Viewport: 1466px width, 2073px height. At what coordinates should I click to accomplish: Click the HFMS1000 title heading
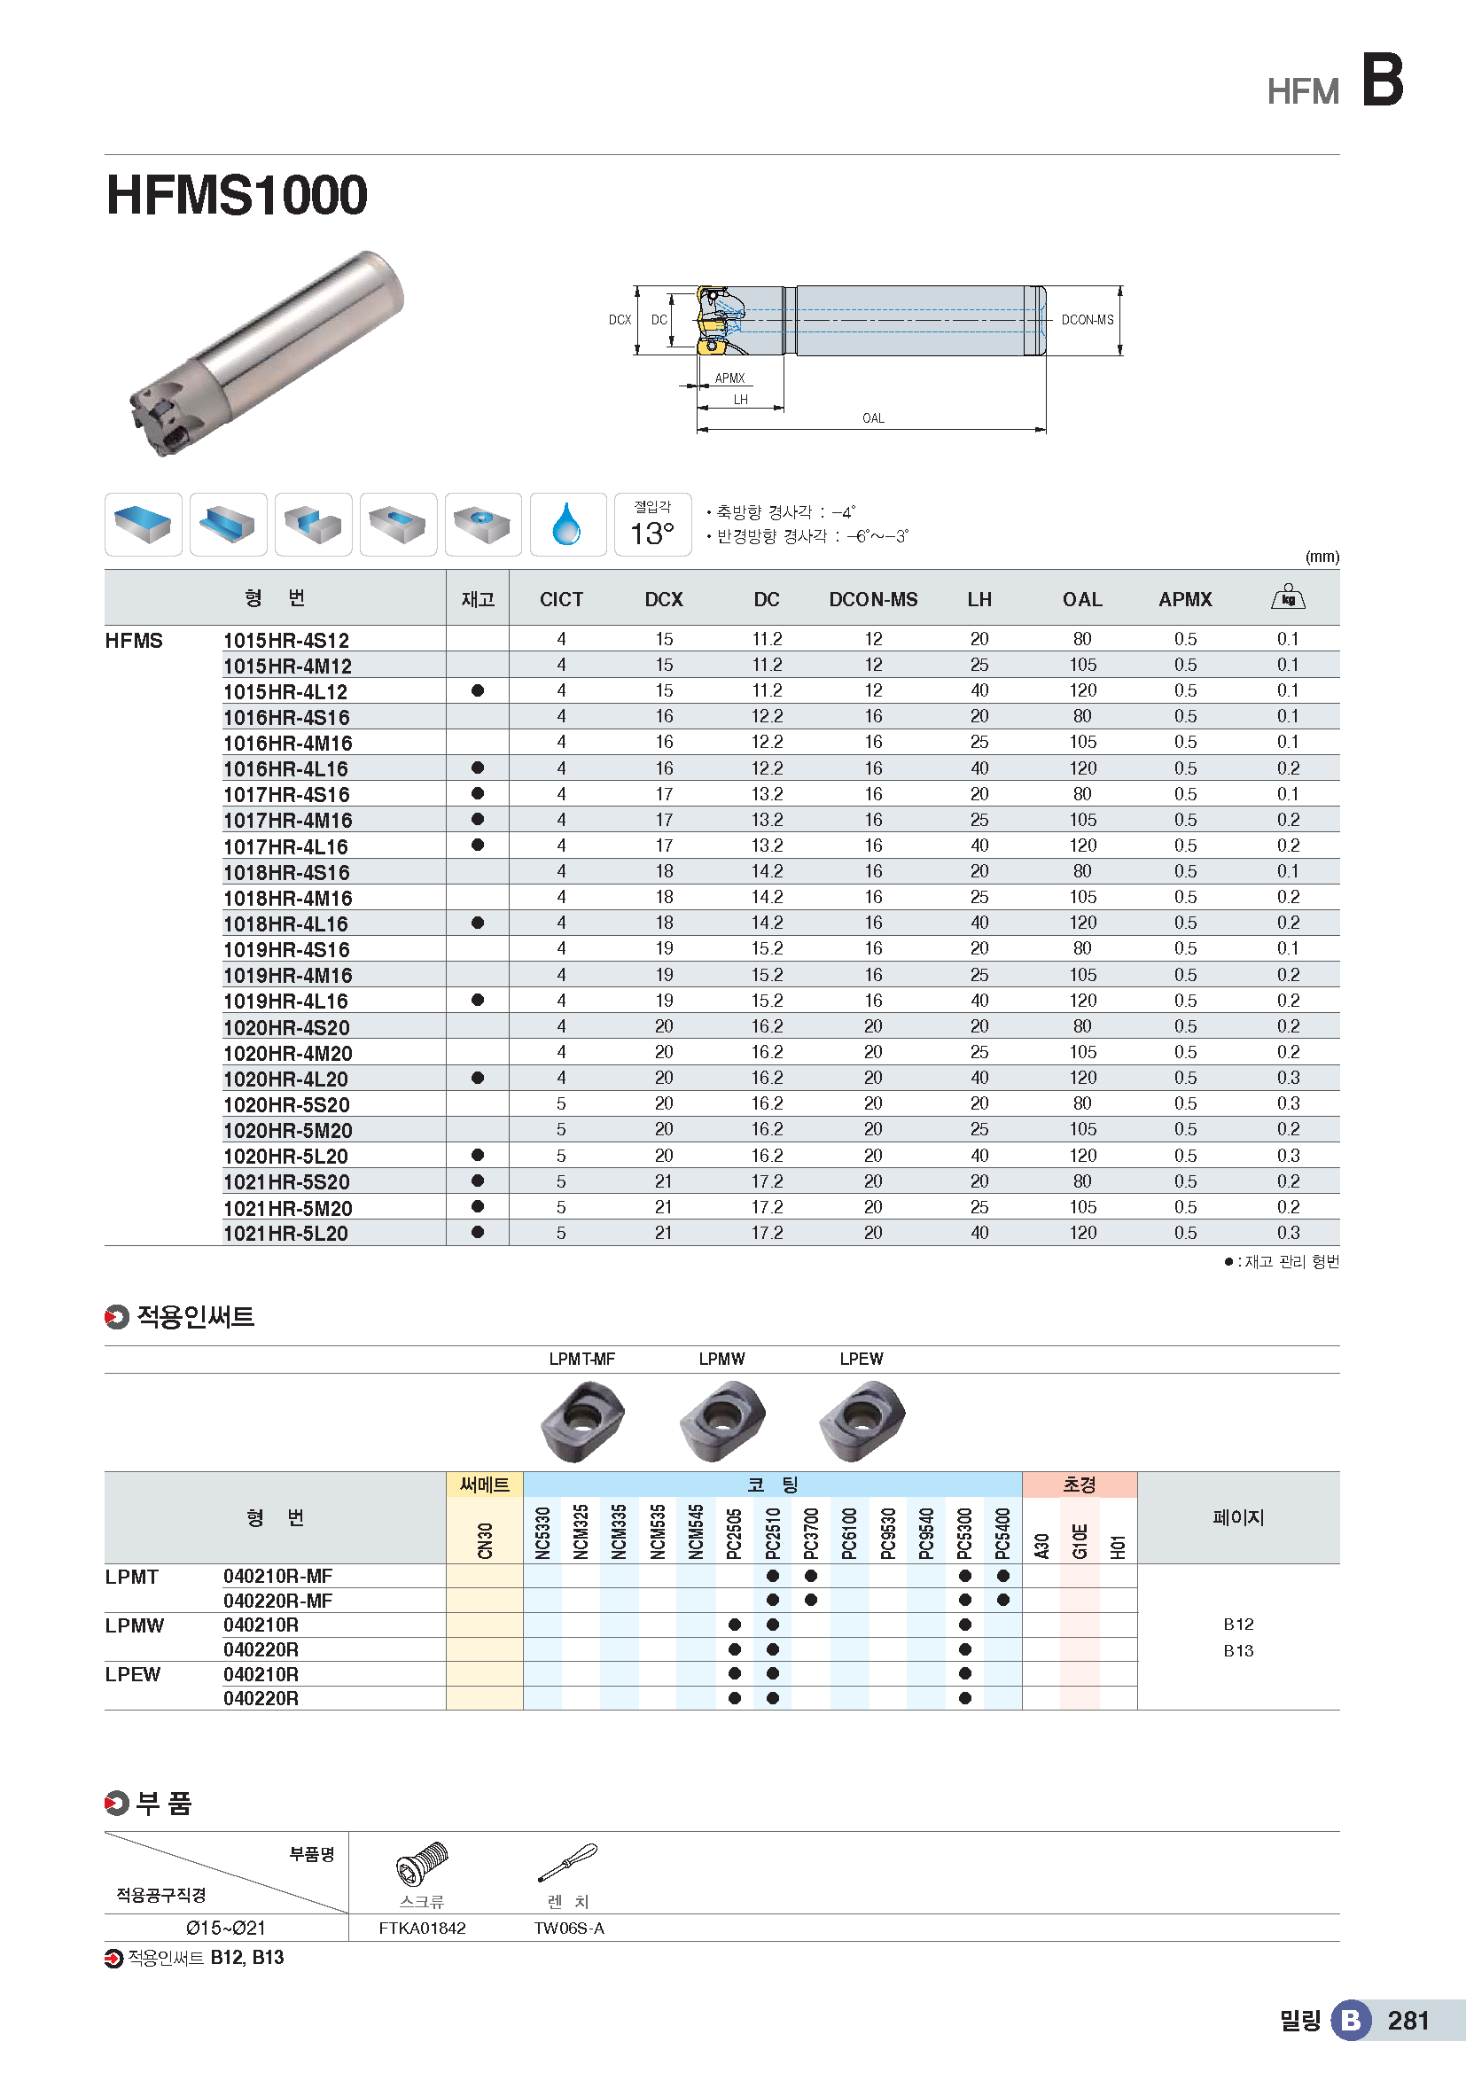tap(237, 195)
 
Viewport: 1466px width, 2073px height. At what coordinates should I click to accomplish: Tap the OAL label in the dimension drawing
tap(873, 418)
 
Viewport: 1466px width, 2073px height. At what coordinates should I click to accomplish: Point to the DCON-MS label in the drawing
tap(1087, 320)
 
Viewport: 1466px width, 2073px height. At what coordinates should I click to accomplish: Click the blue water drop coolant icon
tap(567, 525)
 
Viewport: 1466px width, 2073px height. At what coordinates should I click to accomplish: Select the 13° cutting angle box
tap(652, 525)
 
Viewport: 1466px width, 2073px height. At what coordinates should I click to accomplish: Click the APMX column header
tap(1184, 599)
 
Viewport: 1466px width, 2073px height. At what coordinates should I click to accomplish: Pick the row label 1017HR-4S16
tap(286, 794)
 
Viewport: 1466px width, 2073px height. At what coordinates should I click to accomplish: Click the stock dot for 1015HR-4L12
tap(478, 690)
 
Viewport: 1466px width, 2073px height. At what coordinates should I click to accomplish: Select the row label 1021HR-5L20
tap(285, 1234)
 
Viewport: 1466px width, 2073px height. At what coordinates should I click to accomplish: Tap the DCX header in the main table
tap(664, 599)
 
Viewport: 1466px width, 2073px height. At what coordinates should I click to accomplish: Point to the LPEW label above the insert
tap(862, 1359)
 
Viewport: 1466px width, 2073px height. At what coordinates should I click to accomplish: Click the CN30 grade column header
tap(485, 1540)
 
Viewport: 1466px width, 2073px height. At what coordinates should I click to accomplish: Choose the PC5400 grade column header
tap(1003, 1533)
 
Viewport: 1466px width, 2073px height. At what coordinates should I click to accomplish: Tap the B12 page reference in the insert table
tap(1238, 1625)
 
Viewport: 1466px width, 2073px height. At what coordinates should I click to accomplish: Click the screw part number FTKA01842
tap(423, 1928)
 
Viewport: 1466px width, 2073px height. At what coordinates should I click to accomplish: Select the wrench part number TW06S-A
tap(569, 1928)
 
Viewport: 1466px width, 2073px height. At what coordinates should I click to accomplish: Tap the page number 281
tap(1408, 2021)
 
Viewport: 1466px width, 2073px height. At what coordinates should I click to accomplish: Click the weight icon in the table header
tap(1288, 597)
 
